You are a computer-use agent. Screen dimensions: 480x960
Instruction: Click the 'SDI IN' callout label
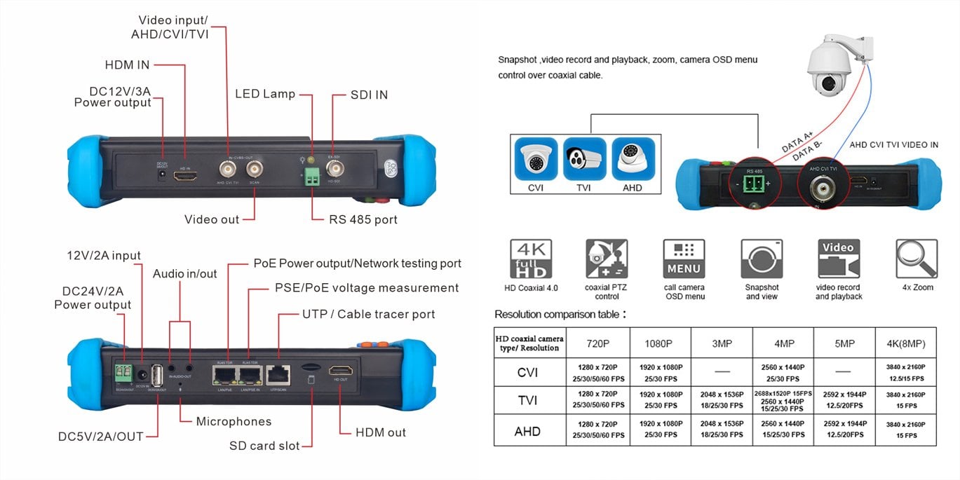[369, 95]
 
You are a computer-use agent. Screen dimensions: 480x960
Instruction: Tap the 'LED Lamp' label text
[264, 94]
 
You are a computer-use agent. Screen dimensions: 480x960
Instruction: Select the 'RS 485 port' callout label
[363, 219]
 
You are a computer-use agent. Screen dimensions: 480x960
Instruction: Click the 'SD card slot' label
[264, 446]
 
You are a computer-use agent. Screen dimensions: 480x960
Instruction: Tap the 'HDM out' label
[381, 432]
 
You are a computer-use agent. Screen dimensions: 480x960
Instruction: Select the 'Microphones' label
[234, 421]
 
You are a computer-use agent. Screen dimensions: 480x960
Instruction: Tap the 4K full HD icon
[530, 259]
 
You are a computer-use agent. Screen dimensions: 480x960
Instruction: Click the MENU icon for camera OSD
[684, 259]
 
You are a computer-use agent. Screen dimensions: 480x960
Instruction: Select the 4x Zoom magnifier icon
[917, 259]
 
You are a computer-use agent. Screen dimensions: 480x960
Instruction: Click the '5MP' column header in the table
[845, 343]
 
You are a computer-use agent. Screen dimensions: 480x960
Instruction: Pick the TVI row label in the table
[528, 400]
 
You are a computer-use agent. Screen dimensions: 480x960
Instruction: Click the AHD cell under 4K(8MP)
[906, 430]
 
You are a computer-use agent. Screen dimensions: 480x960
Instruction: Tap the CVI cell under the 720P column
[597, 372]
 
